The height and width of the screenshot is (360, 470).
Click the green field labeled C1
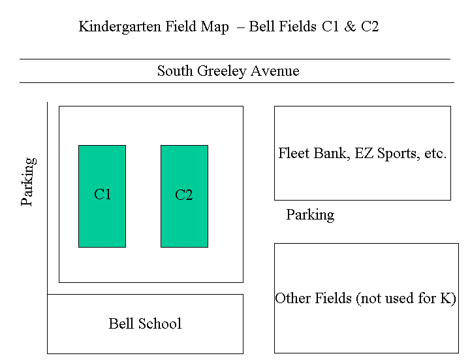tap(102, 196)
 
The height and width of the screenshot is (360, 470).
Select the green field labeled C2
tap(184, 196)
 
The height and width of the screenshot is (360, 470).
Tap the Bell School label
tap(145, 323)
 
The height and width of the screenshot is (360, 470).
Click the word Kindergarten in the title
tap(120, 27)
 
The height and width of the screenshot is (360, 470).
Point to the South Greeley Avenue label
tap(228, 71)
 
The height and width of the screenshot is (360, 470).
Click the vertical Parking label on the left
tap(28, 182)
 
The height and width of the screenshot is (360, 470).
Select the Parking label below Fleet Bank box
tap(310, 215)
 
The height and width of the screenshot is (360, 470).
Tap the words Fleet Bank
tap(314, 154)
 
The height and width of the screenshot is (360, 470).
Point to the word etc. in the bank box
tap(435, 154)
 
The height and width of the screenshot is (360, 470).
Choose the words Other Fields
tap(313, 298)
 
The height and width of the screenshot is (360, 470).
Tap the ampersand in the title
tap(350, 26)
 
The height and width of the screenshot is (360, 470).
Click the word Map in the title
tap(215, 27)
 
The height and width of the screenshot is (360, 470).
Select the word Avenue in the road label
tap(275, 71)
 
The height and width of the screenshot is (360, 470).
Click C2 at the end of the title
tap(370, 26)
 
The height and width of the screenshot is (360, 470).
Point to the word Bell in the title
tap(263, 26)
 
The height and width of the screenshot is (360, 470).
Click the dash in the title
tap(240, 28)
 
